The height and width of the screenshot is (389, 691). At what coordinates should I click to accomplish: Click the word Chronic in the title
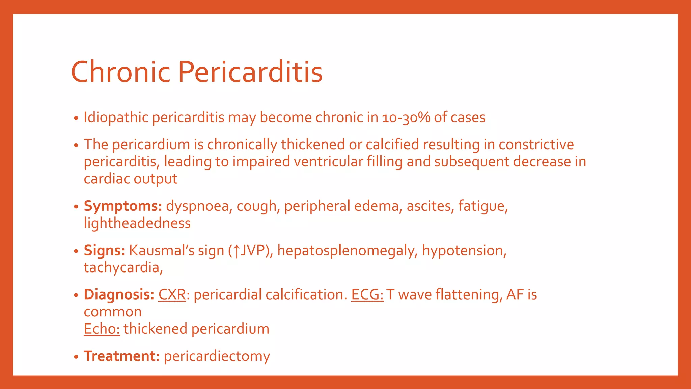tap(120, 72)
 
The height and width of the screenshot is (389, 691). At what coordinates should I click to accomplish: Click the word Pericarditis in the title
tap(250, 72)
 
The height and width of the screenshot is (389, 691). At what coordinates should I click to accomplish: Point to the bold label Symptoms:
tap(123, 206)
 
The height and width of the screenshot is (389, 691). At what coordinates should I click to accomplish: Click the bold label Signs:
tap(104, 251)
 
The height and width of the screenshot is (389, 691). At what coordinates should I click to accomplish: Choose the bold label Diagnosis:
tap(119, 294)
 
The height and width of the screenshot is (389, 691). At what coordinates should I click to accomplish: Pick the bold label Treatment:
tap(121, 356)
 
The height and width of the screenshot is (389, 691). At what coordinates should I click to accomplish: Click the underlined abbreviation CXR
tap(172, 294)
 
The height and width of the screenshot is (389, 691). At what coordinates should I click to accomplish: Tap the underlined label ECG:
tap(367, 294)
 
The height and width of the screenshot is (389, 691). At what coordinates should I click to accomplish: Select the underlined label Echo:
tap(102, 329)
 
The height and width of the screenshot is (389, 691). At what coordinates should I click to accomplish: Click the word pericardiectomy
tap(217, 356)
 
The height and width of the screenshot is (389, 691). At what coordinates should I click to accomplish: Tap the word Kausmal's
tap(162, 251)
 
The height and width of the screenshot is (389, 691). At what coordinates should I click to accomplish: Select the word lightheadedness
tap(137, 223)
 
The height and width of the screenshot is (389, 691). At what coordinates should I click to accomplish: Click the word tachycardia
tap(122, 268)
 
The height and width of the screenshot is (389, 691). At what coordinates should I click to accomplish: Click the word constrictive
tap(536, 145)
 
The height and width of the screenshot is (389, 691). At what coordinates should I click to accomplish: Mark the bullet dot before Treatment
tap(77, 357)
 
